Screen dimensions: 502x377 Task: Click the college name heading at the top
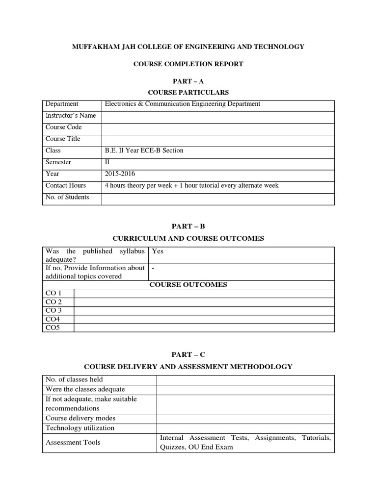coord(188,47)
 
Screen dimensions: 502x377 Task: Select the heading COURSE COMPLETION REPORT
coord(188,64)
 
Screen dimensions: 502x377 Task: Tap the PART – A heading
coord(188,81)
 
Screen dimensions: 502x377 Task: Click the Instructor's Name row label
coord(71,116)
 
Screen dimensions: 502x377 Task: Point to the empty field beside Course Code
coord(218,127)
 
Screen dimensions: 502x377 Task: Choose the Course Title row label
coord(63,139)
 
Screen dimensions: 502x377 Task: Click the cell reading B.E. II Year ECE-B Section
coord(144,151)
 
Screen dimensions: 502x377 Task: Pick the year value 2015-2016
coord(120,174)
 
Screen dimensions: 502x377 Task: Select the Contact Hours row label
coord(66,185)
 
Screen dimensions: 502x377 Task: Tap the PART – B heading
coord(188,226)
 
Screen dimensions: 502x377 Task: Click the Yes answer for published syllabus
coord(158,251)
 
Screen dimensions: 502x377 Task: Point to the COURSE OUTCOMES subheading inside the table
coord(188,285)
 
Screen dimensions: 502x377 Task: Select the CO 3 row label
coord(54,310)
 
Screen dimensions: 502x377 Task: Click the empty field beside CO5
coord(204,327)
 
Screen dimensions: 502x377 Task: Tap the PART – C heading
coord(188,354)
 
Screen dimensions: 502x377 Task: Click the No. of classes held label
coord(74,379)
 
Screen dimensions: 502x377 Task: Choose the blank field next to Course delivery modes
coord(245,419)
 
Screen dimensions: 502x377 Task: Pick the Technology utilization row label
coord(80,428)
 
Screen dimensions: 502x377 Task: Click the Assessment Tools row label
coord(73,442)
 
